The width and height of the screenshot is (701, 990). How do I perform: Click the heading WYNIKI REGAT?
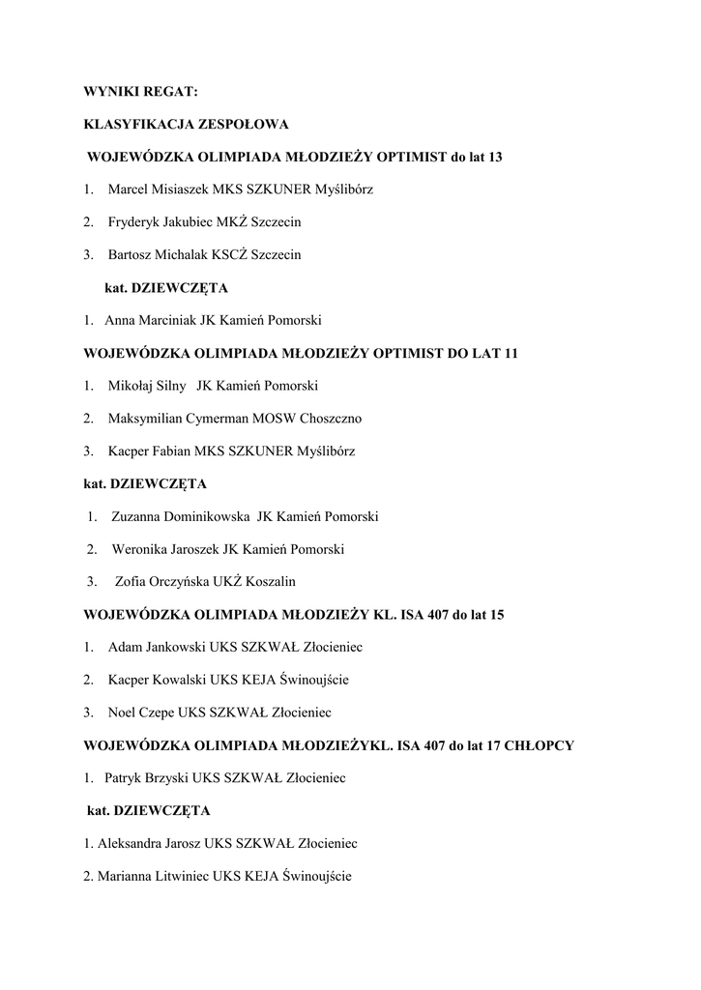(140, 92)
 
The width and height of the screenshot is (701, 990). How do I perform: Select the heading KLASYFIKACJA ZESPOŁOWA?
(186, 124)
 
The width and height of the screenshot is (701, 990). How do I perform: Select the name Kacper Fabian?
(150, 451)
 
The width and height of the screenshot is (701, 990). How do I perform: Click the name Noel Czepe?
(141, 713)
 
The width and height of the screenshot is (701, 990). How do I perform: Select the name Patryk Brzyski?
(147, 777)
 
